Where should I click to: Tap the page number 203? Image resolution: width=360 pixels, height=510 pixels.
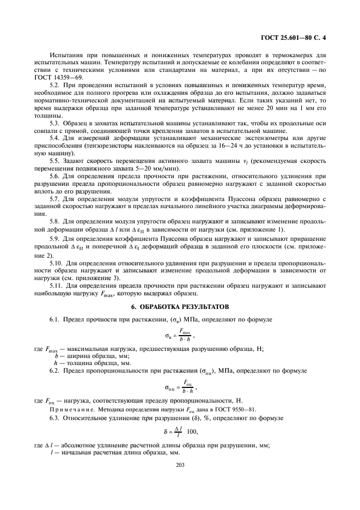pos(180,464)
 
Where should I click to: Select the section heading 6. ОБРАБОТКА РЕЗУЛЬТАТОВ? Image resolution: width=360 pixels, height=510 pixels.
pos(180,307)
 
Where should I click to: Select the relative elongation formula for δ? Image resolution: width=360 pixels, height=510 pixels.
pos(180,432)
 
